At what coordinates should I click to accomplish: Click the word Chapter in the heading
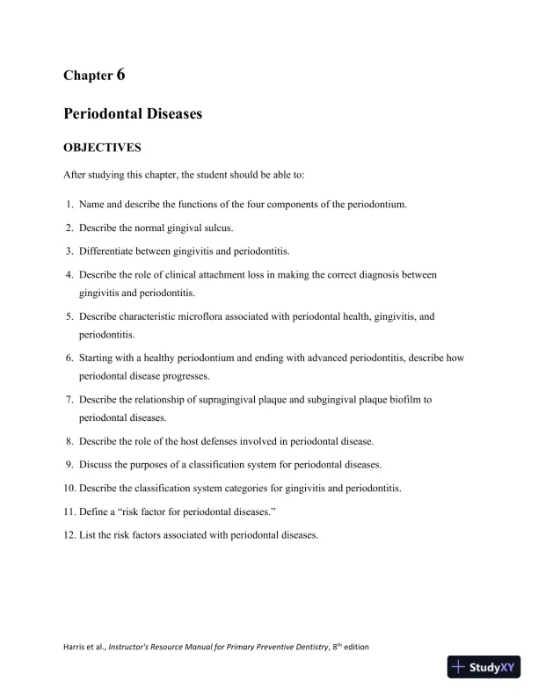(88, 76)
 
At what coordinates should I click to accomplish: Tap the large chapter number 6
(120, 75)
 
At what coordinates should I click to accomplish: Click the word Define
(94, 511)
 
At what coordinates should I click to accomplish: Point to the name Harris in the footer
(76, 647)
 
